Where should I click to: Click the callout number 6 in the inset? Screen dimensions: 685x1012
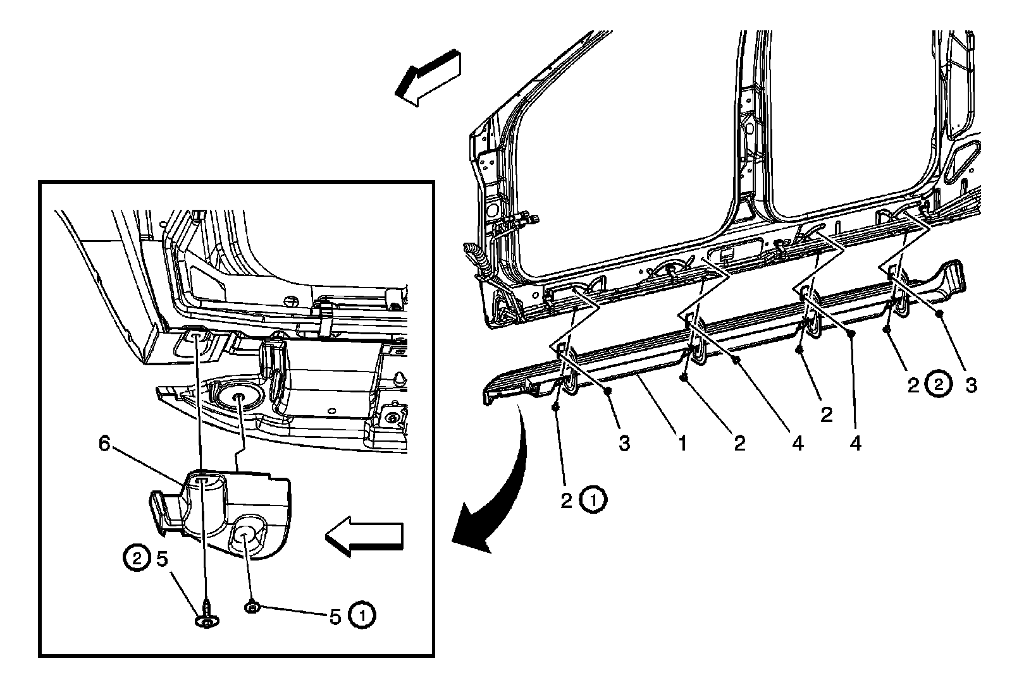(x=104, y=444)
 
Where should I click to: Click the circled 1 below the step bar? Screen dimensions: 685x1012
(x=593, y=500)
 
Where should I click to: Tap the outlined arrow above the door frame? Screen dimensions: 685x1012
(x=427, y=76)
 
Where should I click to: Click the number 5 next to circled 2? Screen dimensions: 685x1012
(x=162, y=558)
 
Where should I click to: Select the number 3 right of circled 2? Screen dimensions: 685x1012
(x=971, y=385)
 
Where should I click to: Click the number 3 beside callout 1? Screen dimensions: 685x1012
(x=624, y=444)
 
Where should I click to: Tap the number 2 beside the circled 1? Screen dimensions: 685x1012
(x=566, y=500)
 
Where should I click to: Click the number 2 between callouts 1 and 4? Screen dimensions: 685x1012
(x=739, y=444)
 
